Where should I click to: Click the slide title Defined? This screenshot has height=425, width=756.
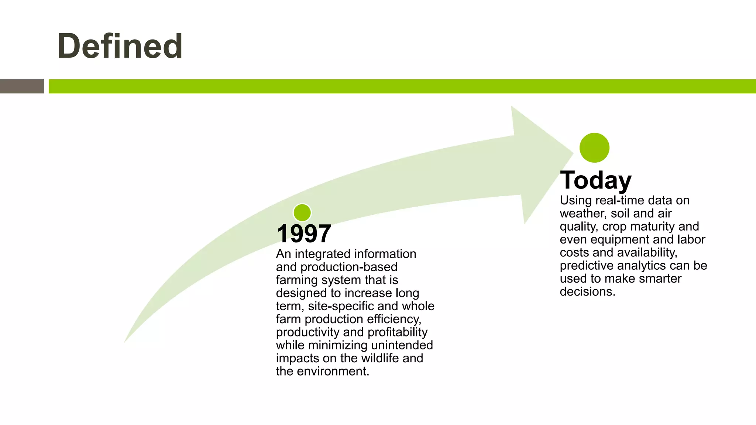click(x=120, y=46)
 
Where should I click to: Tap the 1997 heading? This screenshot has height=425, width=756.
click(x=304, y=234)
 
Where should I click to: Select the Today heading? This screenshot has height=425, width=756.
click(x=595, y=180)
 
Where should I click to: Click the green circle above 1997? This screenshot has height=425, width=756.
click(x=302, y=213)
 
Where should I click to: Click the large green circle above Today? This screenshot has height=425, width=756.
click(x=594, y=148)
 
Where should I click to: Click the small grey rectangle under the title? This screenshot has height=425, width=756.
click(x=22, y=86)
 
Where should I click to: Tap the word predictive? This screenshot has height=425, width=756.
click(x=587, y=266)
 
